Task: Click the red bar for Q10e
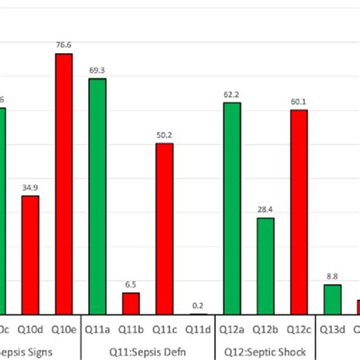coord(63,182)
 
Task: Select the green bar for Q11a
coord(97,195)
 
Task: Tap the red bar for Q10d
coord(30,254)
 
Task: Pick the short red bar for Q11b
coord(131,302)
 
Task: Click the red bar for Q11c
coord(164,228)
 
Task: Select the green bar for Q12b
coord(265,265)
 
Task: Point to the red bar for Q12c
coord(298,211)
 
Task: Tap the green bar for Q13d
coord(333,298)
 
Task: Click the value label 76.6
coord(64,46)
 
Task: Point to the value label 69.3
coord(97,71)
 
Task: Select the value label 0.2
coord(198,305)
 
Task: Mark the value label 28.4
coord(265,210)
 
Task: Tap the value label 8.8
coord(333,276)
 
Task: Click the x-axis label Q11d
coord(197,328)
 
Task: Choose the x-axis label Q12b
coord(265,328)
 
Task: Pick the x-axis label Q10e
coord(63,328)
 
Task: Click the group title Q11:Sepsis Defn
coord(149,351)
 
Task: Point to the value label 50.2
coord(164,135)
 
